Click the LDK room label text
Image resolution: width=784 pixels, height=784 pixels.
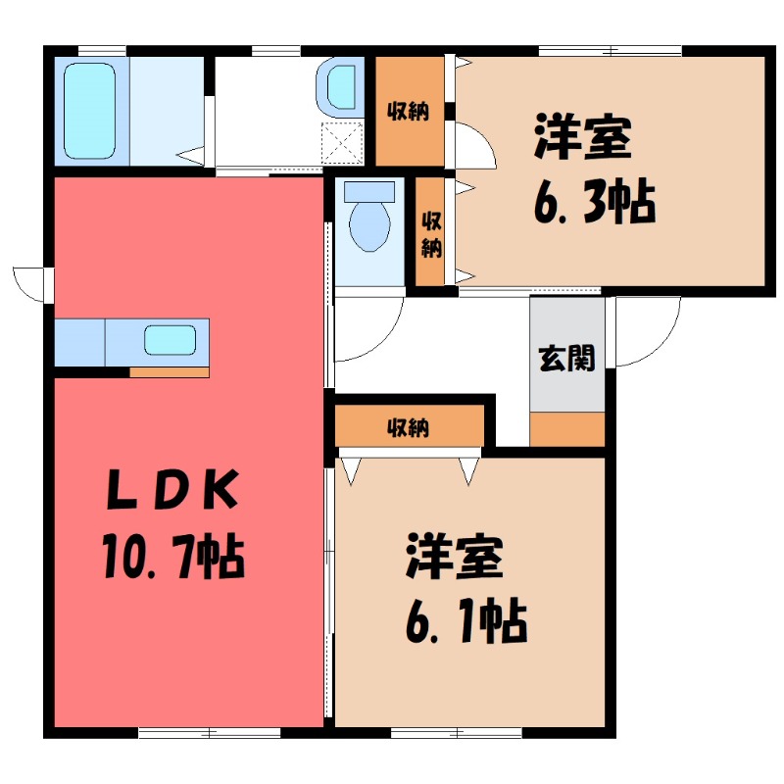pyautogui.click(x=173, y=491)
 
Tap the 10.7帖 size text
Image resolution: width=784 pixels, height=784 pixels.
pyautogui.click(x=171, y=558)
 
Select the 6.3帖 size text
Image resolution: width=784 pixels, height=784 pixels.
pyautogui.click(x=595, y=203)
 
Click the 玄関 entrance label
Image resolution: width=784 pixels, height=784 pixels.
pyautogui.click(x=566, y=359)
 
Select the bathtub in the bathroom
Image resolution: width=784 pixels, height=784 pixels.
pyautogui.click(x=89, y=110)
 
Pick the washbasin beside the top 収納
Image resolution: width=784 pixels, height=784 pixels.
pyautogui.click(x=342, y=87)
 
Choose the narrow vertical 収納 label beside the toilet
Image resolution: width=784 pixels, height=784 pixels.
pyautogui.click(x=429, y=232)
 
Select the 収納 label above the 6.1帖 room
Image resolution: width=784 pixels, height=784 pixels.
pyautogui.click(x=410, y=427)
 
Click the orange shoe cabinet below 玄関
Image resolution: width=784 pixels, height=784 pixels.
pyautogui.click(x=567, y=429)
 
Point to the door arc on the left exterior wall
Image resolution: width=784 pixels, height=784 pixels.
pyautogui.click(x=31, y=282)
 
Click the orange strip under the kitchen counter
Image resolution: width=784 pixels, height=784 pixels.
pyautogui.click(x=170, y=371)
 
